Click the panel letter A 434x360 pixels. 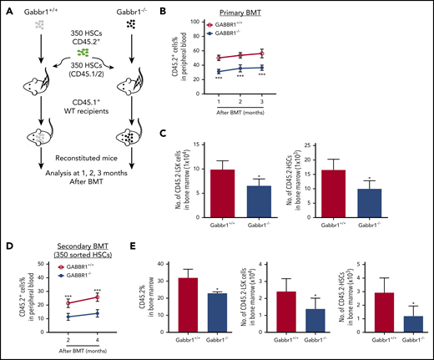(8, 8)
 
